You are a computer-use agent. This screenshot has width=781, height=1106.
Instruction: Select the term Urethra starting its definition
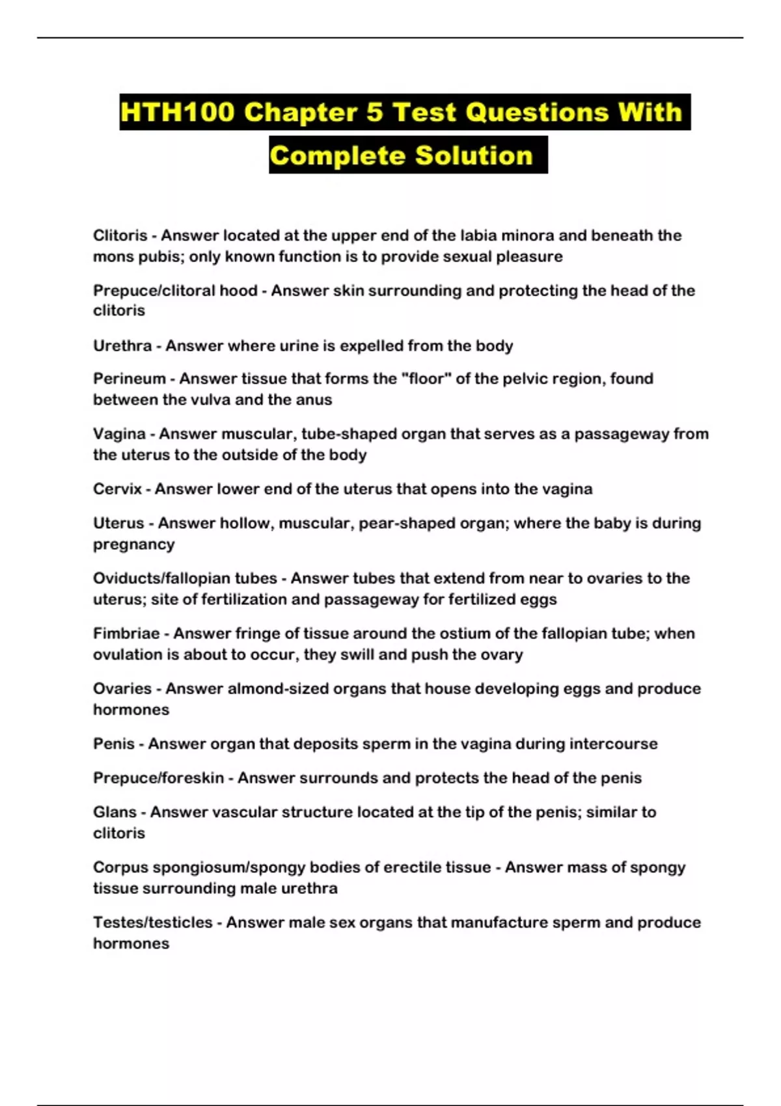[x=122, y=345]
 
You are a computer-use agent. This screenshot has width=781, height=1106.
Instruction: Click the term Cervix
[x=117, y=489]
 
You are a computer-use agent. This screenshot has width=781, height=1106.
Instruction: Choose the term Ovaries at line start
[x=122, y=688]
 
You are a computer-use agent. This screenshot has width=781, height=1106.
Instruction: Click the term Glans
[x=115, y=812]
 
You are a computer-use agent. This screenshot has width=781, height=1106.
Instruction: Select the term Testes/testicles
[x=153, y=923]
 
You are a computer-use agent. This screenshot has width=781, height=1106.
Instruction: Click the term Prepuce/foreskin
[x=158, y=778]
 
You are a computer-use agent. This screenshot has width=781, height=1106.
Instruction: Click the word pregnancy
[x=133, y=545]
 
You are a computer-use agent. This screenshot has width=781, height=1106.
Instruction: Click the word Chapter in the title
[x=300, y=113]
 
